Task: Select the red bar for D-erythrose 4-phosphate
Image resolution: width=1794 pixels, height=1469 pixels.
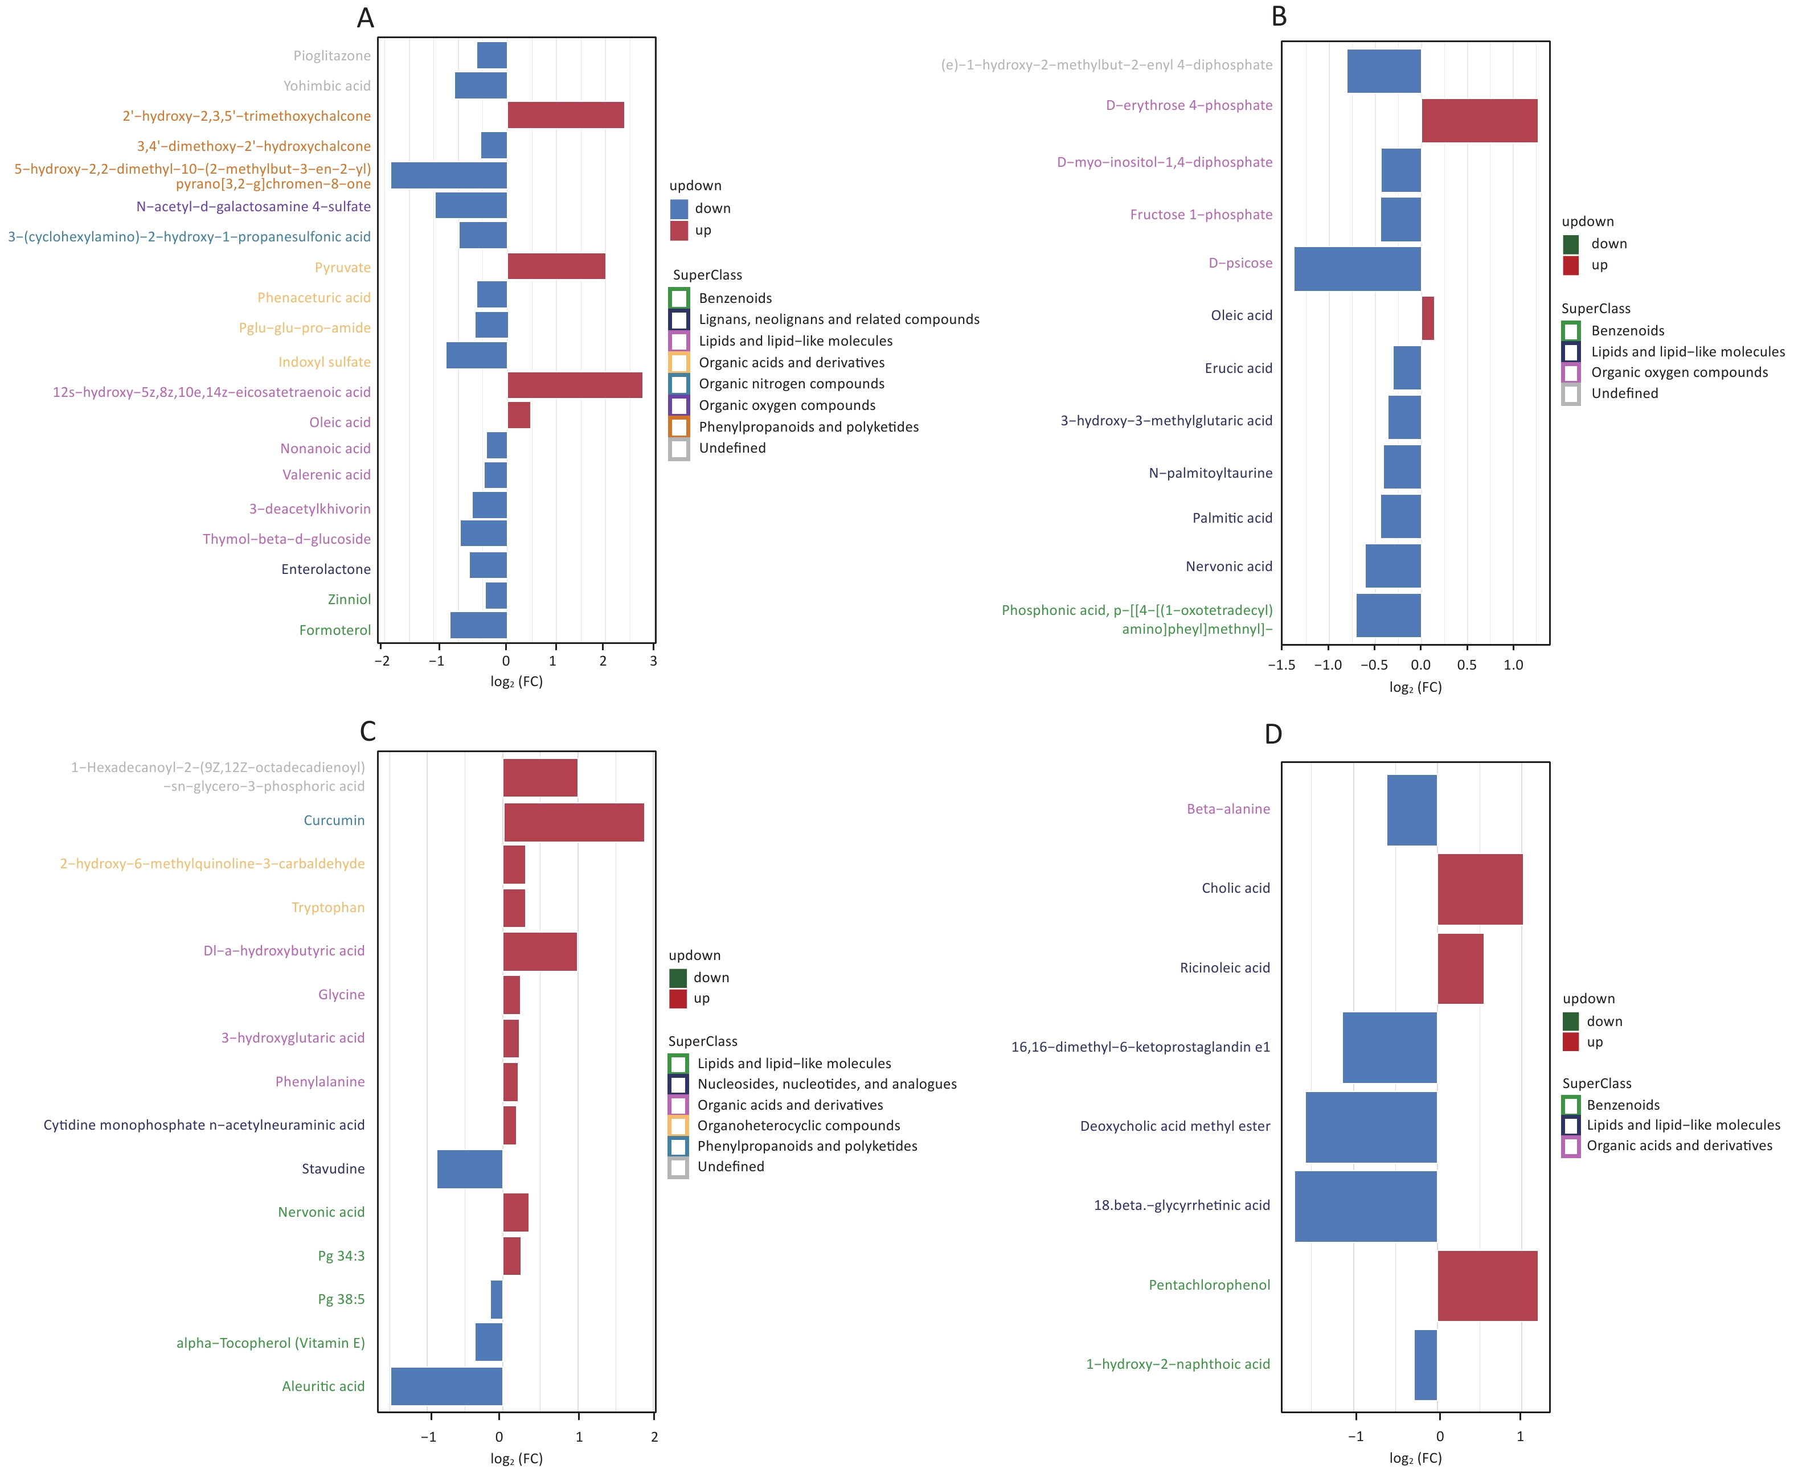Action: click(1479, 120)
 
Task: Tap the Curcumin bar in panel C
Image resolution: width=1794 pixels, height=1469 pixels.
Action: click(574, 823)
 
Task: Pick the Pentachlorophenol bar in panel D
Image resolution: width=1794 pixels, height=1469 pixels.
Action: click(1488, 1286)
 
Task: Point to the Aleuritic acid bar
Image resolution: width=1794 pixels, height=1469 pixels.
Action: click(447, 1386)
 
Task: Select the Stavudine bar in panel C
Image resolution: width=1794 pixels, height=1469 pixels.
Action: click(470, 1168)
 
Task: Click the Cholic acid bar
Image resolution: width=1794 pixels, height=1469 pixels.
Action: click(1480, 889)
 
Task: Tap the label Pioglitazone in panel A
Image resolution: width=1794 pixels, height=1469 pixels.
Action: click(331, 56)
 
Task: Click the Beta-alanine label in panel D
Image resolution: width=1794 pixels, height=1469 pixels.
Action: click(1228, 809)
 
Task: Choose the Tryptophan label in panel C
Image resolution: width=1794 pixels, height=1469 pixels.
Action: click(329, 907)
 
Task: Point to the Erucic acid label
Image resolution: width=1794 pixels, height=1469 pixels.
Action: click(1238, 368)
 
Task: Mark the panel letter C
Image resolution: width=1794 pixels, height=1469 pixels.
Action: click(367, 731)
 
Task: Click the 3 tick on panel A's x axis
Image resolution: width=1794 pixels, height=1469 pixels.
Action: click(653, 661)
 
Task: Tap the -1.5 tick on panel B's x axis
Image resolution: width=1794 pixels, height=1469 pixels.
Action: click(1281, 665)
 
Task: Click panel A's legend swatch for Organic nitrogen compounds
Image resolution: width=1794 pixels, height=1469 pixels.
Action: click(679, 383)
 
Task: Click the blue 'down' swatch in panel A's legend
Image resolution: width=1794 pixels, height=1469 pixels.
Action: click(679, 208)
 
